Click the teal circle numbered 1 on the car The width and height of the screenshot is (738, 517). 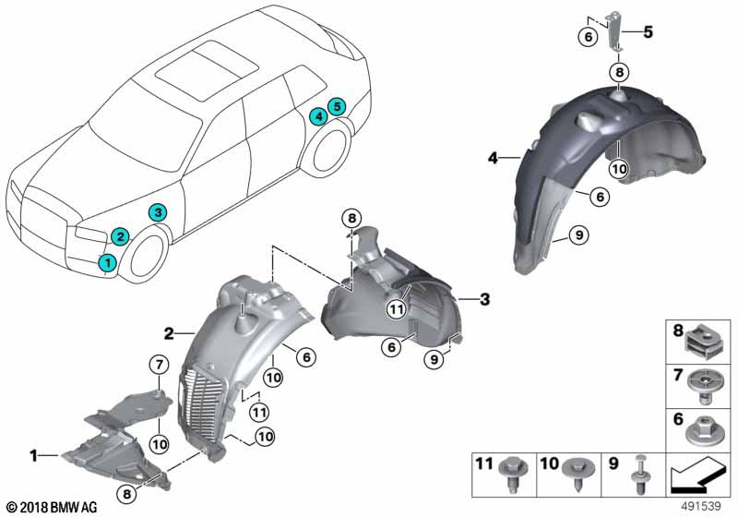point(108,262)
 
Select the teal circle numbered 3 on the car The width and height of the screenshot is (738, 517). point(158,213)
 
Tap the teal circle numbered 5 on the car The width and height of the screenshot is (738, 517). point(337,106)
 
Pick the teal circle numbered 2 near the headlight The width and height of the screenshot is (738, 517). point(121,236)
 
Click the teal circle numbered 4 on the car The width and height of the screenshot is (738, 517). point(318,115)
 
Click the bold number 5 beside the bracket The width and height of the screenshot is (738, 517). point(649,32)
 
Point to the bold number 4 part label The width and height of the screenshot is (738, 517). point(493,158)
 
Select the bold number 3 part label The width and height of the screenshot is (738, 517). point(484,299)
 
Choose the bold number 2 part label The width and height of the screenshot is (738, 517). point(169,334)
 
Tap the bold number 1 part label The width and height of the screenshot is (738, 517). point(33,456)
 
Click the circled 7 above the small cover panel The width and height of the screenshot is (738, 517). point(159,365)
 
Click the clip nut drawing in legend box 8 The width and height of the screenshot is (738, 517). point(703,343)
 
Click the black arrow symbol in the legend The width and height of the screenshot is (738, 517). point(697,475)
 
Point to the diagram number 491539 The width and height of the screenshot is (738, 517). point(701,507)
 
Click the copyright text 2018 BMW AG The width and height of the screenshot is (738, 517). point(53,508)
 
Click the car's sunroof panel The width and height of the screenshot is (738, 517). point(207,69)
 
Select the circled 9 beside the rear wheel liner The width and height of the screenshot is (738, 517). point(578,234)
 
